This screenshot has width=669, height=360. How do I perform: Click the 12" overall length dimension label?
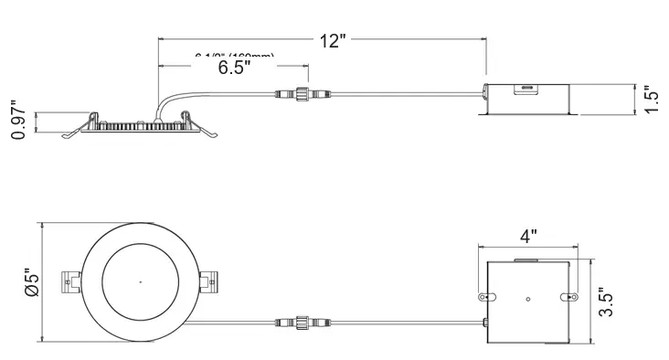[333, 40]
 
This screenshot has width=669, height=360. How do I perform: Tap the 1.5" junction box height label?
[650, 99]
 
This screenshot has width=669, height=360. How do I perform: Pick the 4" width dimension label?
[527, 236]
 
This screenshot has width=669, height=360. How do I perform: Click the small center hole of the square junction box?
[527, 299]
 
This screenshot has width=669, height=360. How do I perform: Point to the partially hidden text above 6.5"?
[235, 57]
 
